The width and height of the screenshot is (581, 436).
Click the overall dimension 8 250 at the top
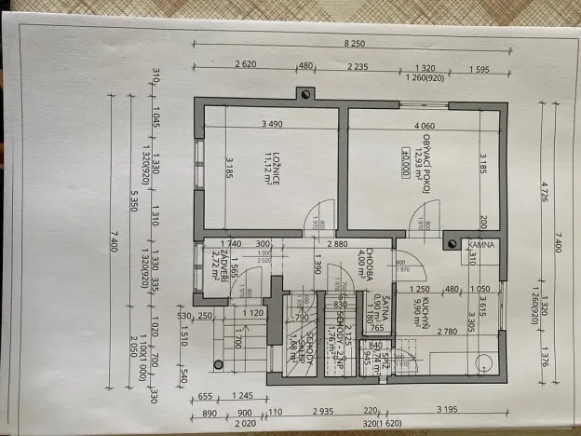click(x=353, y=45)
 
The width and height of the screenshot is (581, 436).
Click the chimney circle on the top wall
click(x=304, y=93)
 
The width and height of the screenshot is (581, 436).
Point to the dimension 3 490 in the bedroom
click(x=272, y=125)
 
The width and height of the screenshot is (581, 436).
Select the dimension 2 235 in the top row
click(x=357, y=66)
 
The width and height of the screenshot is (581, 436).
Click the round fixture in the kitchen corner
click(x=484, y=362)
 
